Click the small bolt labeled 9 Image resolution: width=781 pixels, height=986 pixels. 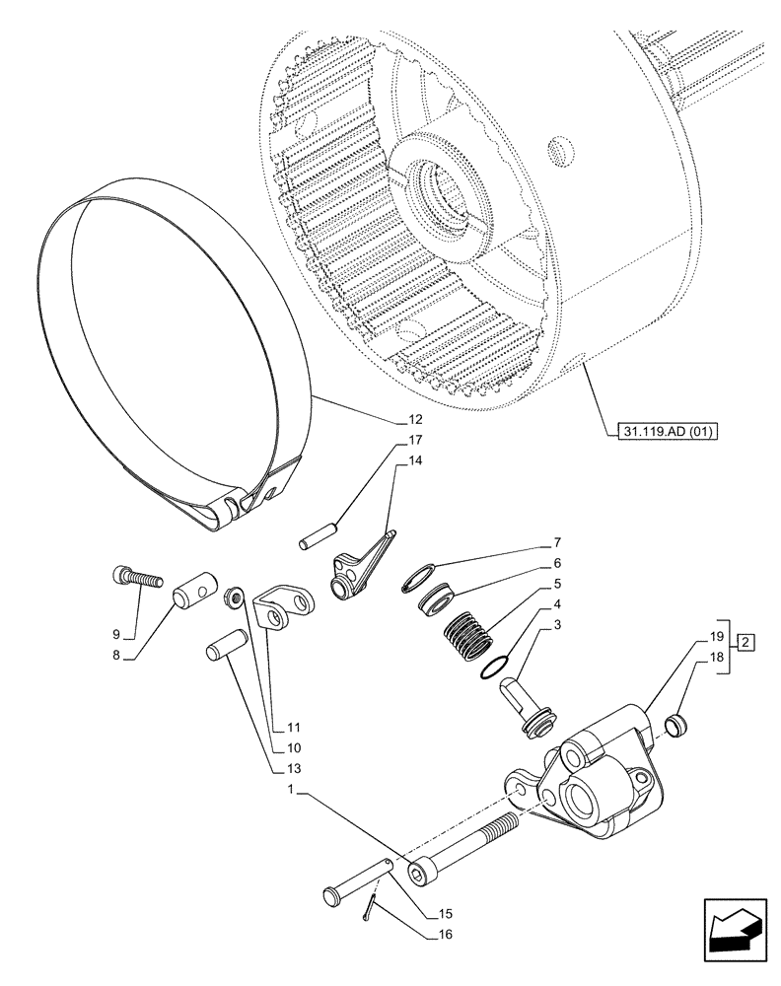[x=133, y=574]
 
